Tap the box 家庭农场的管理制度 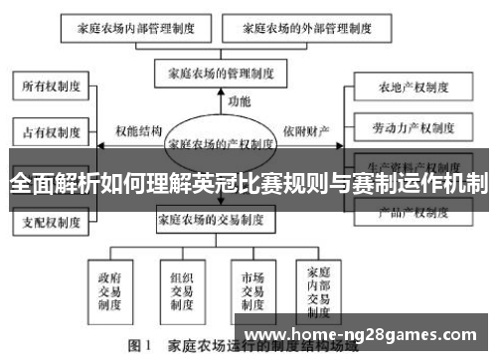click(x=220, y=72)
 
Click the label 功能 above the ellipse click(x=240, y=101)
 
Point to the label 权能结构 click(x=137, y=130)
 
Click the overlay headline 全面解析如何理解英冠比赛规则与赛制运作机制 click(x=248, y=184)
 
